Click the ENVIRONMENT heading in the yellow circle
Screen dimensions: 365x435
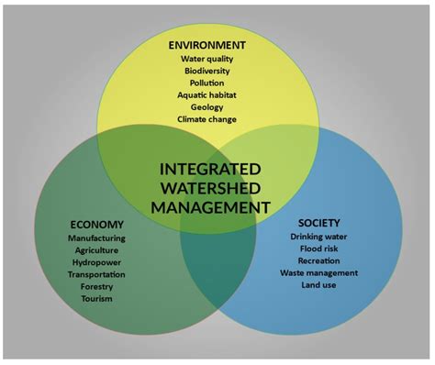[x=207, y=45]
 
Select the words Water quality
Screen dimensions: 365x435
[x=207, y=60]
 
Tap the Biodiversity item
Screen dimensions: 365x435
[x=207, y=72]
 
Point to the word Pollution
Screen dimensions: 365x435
[x=207, y=83]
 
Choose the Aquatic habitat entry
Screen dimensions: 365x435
[x=207, y=95]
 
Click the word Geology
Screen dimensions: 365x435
[x=207, y=107]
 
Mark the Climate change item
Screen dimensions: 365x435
[x=207, y=119]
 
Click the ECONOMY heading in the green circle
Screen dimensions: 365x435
[x=96, y=225]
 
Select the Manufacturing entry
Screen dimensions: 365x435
[x=96, y=238]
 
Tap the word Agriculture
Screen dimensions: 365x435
[x=96, y=250]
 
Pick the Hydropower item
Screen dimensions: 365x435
[x=96, y=262]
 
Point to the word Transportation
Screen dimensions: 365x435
[x=96, y=274]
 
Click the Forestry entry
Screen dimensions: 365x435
[x=96, y=286]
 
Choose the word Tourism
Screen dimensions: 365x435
[x=96, y=298]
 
